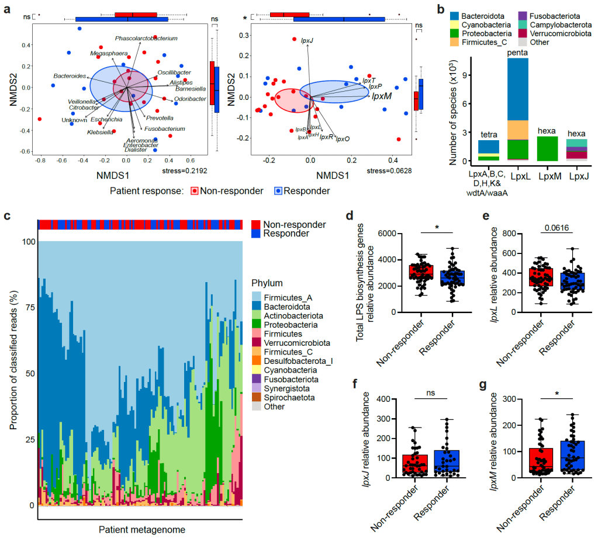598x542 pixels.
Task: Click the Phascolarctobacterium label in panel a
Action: [x=146, y=39]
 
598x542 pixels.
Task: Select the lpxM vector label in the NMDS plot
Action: [x=382, y=96]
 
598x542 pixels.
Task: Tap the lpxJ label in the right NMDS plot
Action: [x=307, y=41]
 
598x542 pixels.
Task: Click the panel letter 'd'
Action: [x=349, y=216]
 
